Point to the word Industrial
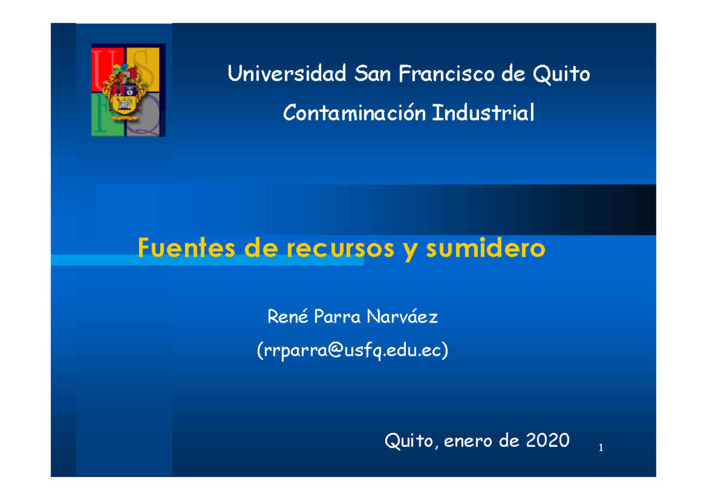tap(483, 112)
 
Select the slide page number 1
tap(600, 449)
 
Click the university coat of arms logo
tap(128, 90)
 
